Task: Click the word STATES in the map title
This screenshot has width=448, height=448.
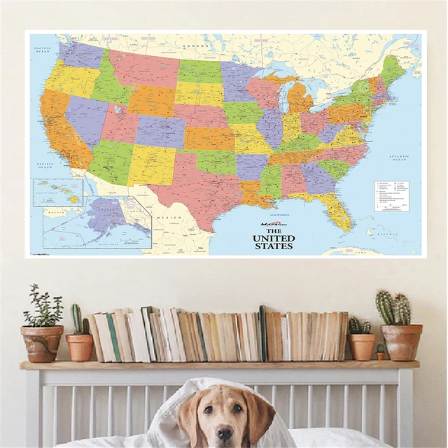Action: coord(273,246)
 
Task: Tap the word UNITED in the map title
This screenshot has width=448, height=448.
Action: coord(273,238)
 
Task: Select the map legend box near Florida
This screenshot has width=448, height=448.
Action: coord(391,197)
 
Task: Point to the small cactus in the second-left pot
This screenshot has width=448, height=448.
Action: coord(78,321)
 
